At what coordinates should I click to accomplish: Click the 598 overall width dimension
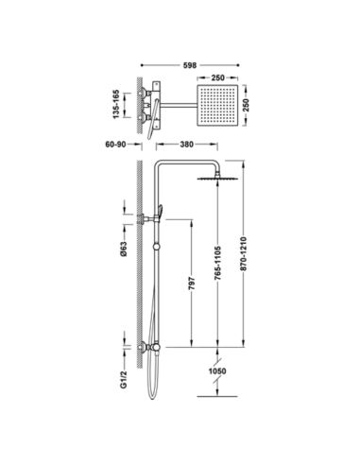[x=190, y=65]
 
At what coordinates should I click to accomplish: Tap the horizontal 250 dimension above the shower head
[x=217, y=77]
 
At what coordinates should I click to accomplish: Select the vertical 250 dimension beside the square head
[x=246, y=105]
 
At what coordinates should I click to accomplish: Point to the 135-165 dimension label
[x=116, y=105]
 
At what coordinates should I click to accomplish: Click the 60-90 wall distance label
[x=115, y=145]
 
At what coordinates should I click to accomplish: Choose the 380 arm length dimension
[x=186, y=145]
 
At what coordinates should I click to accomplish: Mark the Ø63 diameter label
[x=124, y=249]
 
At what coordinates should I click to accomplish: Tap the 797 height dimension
[x=192, y=284]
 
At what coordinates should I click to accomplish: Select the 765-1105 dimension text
[x=218, y=264]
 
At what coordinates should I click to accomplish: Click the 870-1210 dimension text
[x=244, y=253]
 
